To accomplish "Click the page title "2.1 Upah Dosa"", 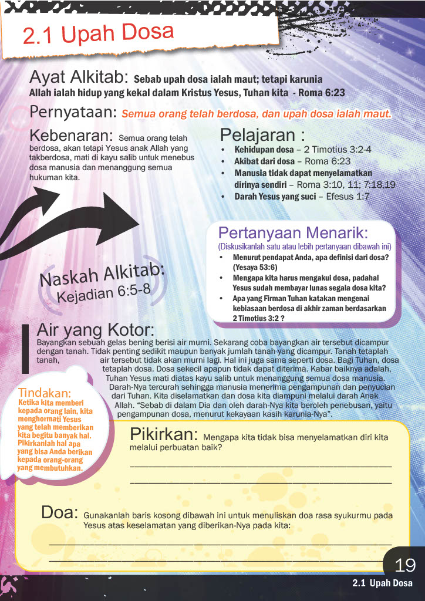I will coord(98,33).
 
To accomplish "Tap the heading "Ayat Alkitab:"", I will coord(79,78).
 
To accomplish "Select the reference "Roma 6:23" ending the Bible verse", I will coord(322,93).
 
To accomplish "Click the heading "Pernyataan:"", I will coord(74,112).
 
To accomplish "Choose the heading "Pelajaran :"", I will coord(262,135).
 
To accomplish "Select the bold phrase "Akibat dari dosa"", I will coord(267,161).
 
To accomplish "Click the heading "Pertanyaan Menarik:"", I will coord(301,233).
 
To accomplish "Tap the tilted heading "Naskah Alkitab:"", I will coord(102,274).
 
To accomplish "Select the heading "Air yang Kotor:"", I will coord(95,329).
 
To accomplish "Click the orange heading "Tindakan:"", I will coord(45,392).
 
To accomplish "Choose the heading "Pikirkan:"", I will coord(163,434).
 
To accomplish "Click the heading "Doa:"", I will coord(59,512).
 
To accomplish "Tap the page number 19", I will coord(405,565).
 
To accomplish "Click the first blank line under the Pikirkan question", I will coord(260,464).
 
